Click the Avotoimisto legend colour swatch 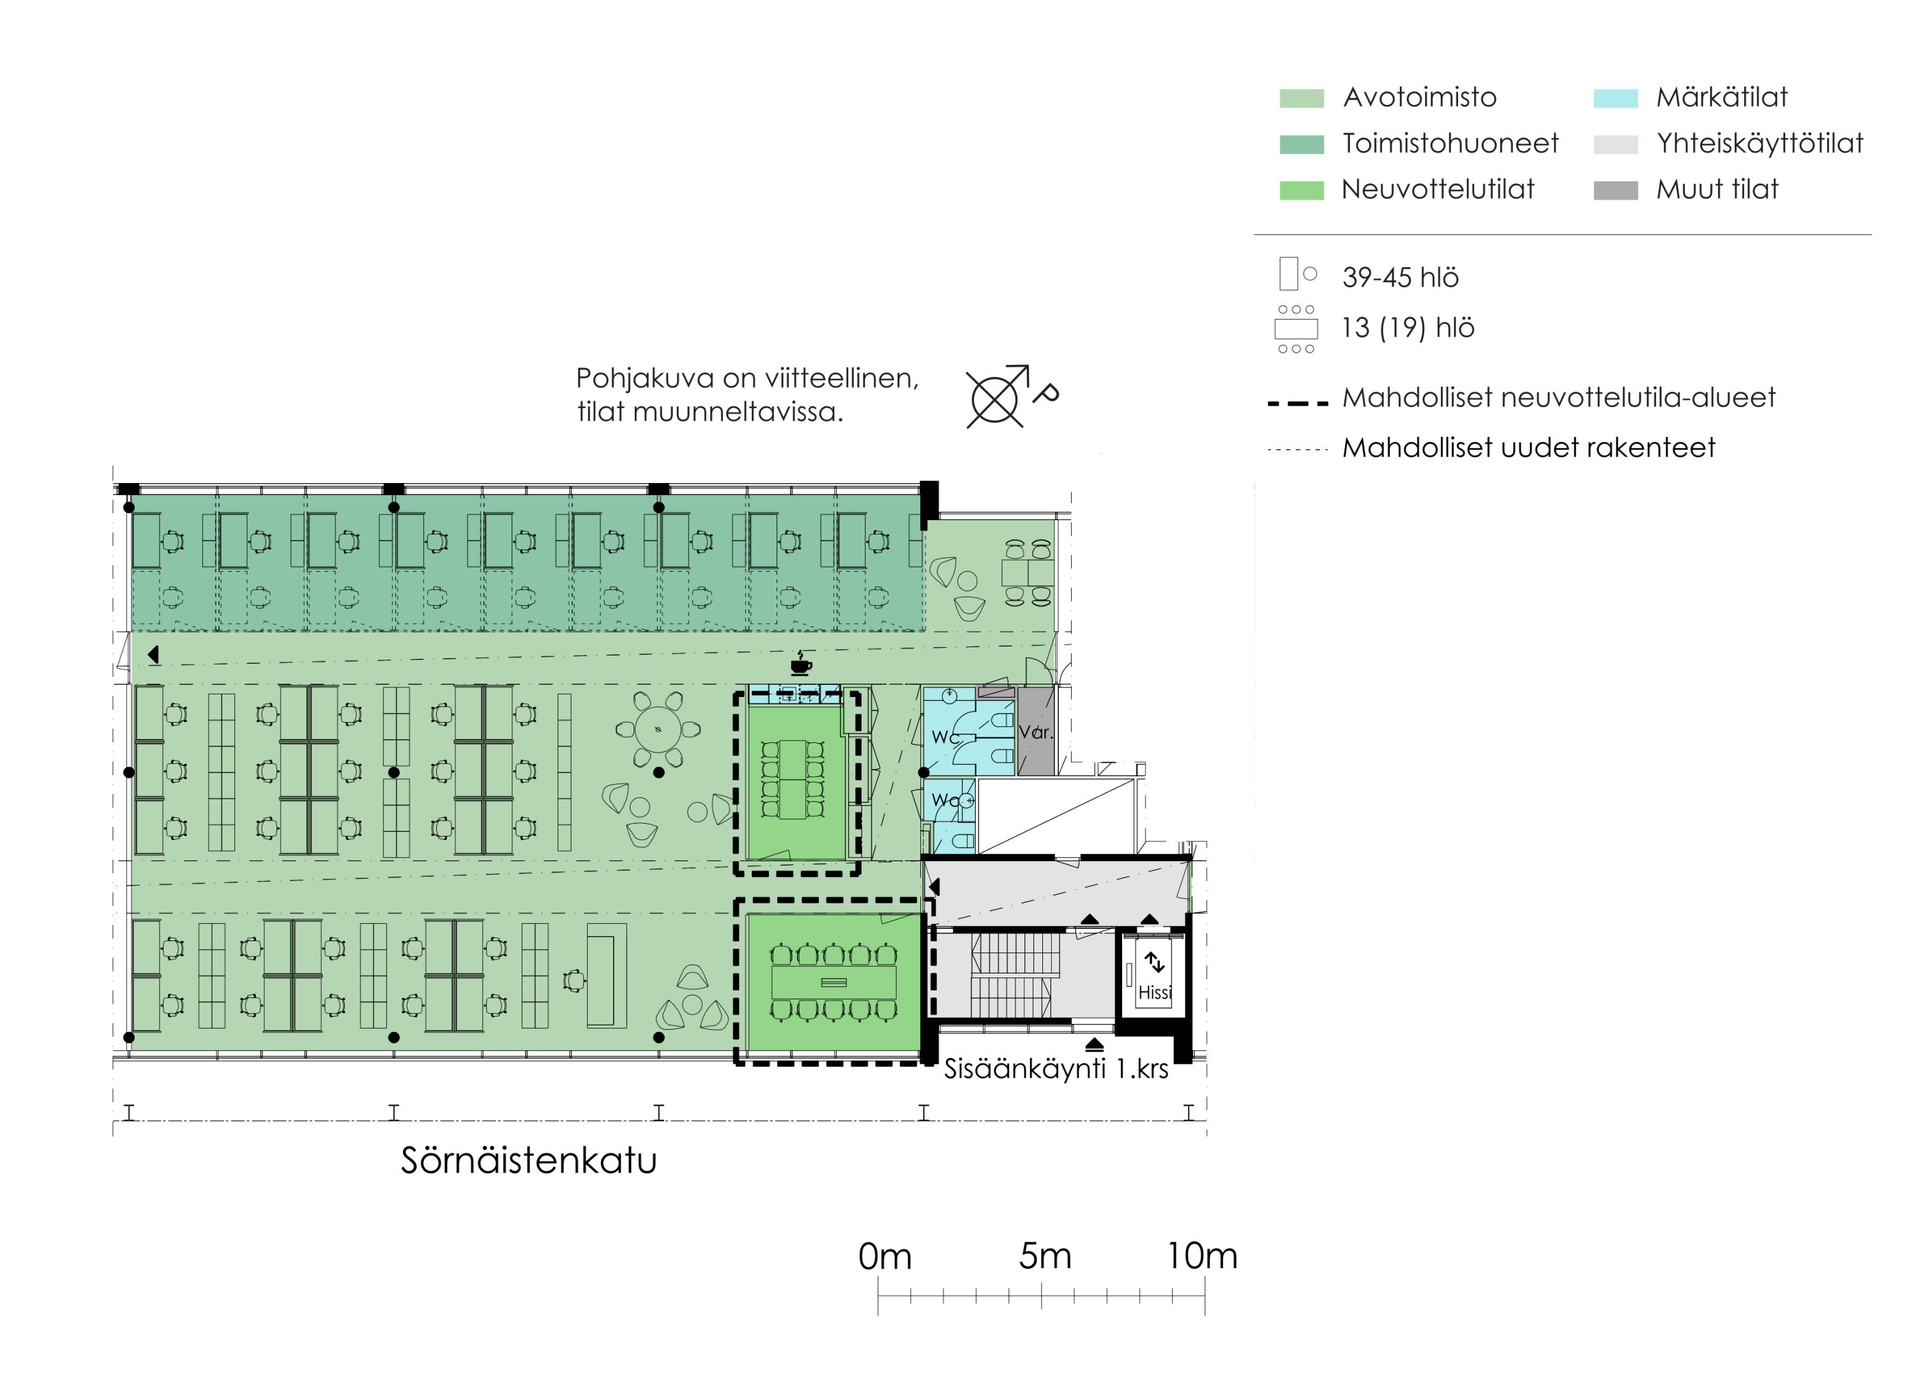tap(1301, 98)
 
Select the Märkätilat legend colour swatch tap(1615, 98)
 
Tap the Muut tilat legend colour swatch tap(1615, 190)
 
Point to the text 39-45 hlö tap(1400, 277)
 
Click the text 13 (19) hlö tap(1408, 328)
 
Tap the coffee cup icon tap(801, 663)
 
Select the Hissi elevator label tap(1155, 992)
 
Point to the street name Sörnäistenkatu tap(529, 1160)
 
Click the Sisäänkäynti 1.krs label tap(1056, 1069)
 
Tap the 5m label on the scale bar tap(1045, 1257)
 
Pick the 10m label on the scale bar tap(1202, 1257)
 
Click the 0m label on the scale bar tap(885, 1257)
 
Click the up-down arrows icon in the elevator tap(1154, 962)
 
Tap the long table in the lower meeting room tap(834, 983)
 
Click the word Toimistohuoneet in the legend tap(1450, 144)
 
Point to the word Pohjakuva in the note tap(646, 378)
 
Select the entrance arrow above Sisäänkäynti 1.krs tap(1094, 1045)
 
